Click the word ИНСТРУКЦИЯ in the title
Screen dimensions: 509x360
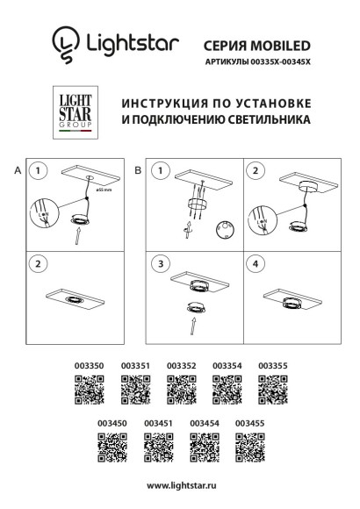pos(162,103)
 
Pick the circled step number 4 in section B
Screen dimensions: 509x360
pos(256,263)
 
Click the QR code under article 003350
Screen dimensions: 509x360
pos(88,387)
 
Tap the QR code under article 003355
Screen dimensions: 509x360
pos(272,387)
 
